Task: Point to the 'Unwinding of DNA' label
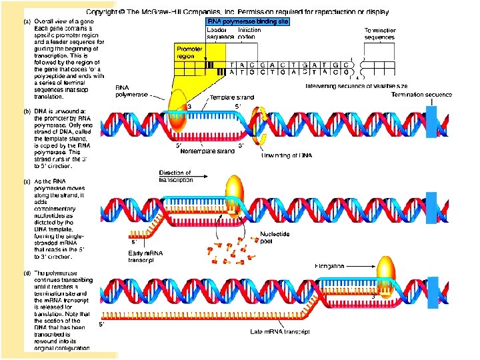286,155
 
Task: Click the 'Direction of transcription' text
175,177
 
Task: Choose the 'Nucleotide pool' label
274,238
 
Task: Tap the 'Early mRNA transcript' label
146,256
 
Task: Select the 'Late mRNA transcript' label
279,331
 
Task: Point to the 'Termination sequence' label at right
421,95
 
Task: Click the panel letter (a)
26,21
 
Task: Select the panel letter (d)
26,273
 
